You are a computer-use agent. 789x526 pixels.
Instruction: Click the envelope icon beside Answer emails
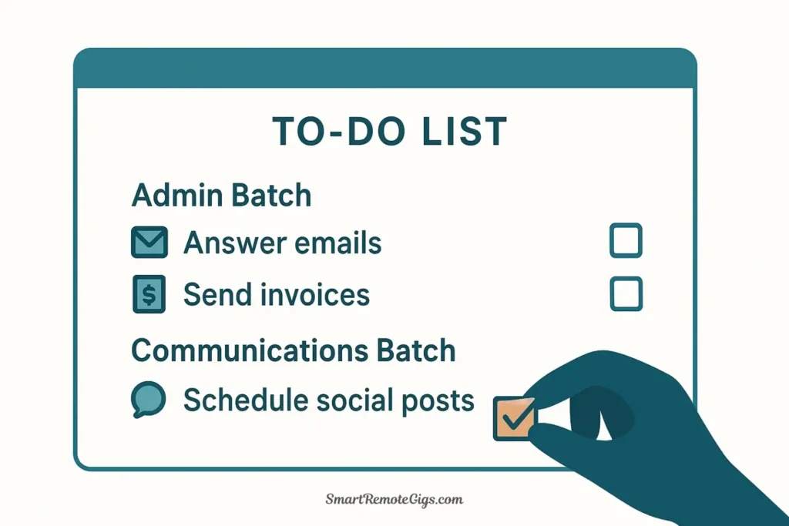pyautogui.click(x=149, y=242)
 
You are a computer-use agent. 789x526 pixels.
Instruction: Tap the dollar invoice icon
pyautogui.click(x=149, y=294)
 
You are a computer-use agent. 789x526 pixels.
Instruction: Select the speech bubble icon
pyautogui.click(x=149, y=400)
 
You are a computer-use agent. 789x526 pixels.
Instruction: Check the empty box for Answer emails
pyautogui.click(x=626, y=240)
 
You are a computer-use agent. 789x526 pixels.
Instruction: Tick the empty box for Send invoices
pyautogui.click(x=626, y=293)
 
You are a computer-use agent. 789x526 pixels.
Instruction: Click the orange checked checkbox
pyautogui.click(x=514, y=418)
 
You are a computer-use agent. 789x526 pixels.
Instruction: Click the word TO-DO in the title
pyautogui.click(x=339, y=132)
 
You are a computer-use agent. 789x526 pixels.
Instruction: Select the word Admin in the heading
pyautogui.click(x=177, y=195)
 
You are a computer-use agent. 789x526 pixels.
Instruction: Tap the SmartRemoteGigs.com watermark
pyautogui.click(x=394, y=499)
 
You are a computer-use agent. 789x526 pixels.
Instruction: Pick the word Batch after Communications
pyautogui.click(x=416, y=350)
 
